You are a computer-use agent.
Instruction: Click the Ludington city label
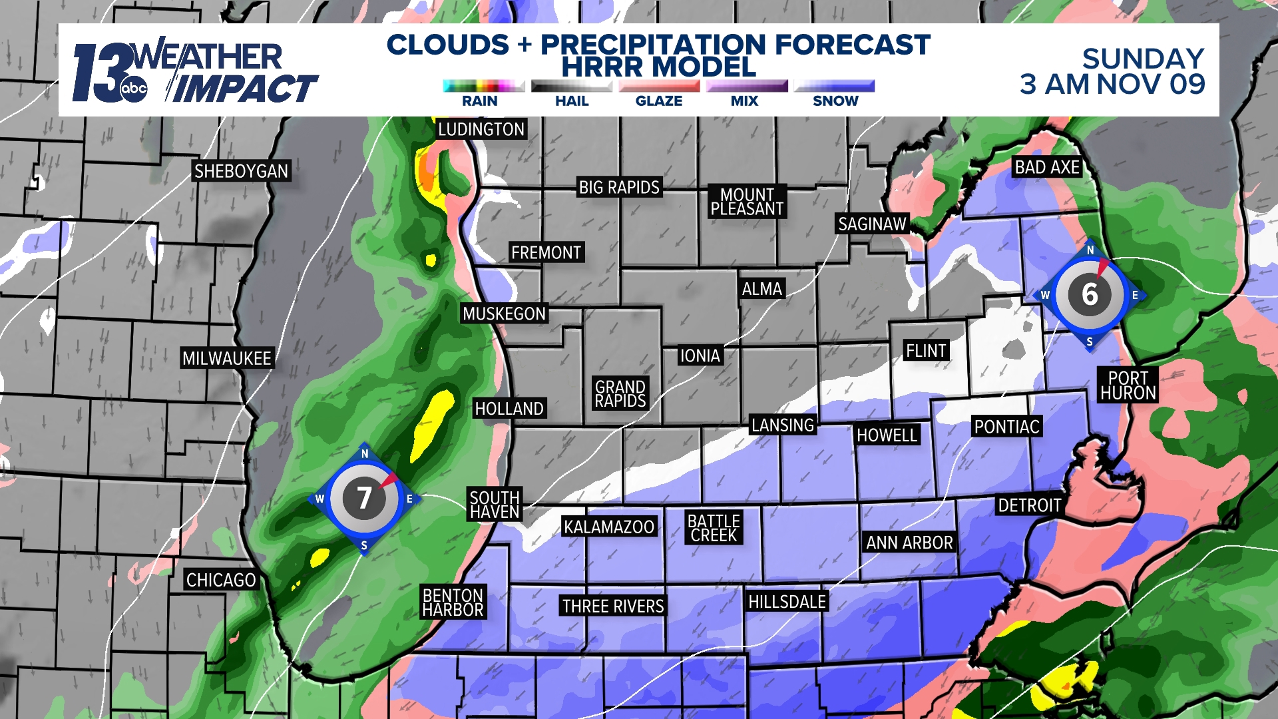(x=481, y=129)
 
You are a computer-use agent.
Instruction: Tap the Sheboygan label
(x=241, y=171)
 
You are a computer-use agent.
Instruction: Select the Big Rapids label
(x=619, y=188)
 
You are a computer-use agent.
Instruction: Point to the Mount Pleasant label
(x=747, y=202)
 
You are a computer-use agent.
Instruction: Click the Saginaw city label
(x=872, y=224)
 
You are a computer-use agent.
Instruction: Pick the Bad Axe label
(x=1047, y=167)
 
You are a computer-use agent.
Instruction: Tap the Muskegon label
(x=504, y=314)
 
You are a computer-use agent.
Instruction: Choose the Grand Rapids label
(x=620, y=393)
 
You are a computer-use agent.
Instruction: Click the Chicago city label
(x=221, y=580)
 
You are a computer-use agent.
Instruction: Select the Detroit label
(x=1029, y=505)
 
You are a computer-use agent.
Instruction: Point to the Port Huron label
(x=1128, y=385)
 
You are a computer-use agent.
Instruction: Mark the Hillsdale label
(x=787, y=602)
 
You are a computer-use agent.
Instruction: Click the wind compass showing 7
(x=364, y=498)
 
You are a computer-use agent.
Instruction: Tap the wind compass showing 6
(x=1090, y=294)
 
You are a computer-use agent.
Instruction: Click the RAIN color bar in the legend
(x=484, y=86)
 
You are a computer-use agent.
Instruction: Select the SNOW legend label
(x=835, y=101)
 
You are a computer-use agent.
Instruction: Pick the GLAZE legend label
(x=659, y=101)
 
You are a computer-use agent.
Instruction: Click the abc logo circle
(x=133, y=89)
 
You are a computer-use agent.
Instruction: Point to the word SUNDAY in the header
(x=1143, y=59)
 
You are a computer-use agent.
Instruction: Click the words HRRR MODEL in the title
(x=658, y=67)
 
